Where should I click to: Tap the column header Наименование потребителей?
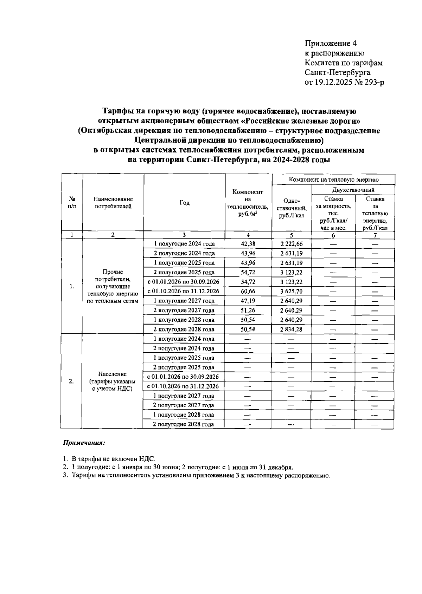pos(113,203)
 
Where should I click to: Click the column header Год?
pos(184,203)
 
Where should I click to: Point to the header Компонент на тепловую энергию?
pos(333,179)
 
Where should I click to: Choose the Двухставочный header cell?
pos(353,190)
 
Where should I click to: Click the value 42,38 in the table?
pos(248,244)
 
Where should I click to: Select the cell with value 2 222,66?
pos(291,244)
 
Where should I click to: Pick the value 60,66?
pos(248,291)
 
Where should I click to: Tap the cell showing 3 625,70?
pos(291,291)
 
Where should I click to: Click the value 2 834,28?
pos(291,329)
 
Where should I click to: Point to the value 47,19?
pos(248,301)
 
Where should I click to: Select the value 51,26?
pos(248,310)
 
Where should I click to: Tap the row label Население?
pos(113,374)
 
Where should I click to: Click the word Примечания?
pos(84,443)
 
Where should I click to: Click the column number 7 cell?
pos(375,235)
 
